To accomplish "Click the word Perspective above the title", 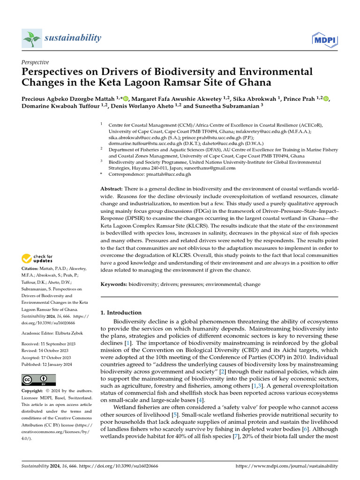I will coord(35,62).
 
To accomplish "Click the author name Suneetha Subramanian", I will coord(227,106).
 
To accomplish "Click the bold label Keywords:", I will coord(114,284).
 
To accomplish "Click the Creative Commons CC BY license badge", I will coord(38,380).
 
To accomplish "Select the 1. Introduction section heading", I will coord(121,313).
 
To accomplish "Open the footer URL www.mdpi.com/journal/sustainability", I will coord(287,466).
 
